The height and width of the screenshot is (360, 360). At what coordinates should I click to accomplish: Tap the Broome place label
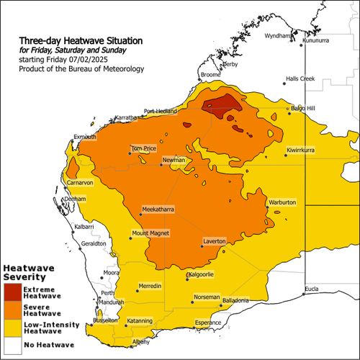click(x=211, y=75)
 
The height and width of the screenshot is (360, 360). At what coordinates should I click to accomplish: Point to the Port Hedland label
click(x=160, y=111)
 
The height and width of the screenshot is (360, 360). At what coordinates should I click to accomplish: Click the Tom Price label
click(x=143, y=148)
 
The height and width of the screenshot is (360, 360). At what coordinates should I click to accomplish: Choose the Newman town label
click(x=174, y=159)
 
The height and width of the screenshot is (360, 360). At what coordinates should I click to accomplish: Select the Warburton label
click(x=282, y=203)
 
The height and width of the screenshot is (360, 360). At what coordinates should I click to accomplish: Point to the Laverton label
click(x=215, y=240)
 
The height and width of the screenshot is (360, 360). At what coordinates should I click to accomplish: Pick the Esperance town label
click(x=208, y=323)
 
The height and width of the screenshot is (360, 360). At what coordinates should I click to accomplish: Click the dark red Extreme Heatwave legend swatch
click(x=12, y=292)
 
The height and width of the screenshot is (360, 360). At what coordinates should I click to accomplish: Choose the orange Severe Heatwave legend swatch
click(x=12, y=310)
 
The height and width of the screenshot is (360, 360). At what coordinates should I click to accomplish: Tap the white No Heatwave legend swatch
click(x=12, y=346)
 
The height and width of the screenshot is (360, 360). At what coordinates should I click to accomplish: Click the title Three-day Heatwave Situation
click(x=81, y=40)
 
